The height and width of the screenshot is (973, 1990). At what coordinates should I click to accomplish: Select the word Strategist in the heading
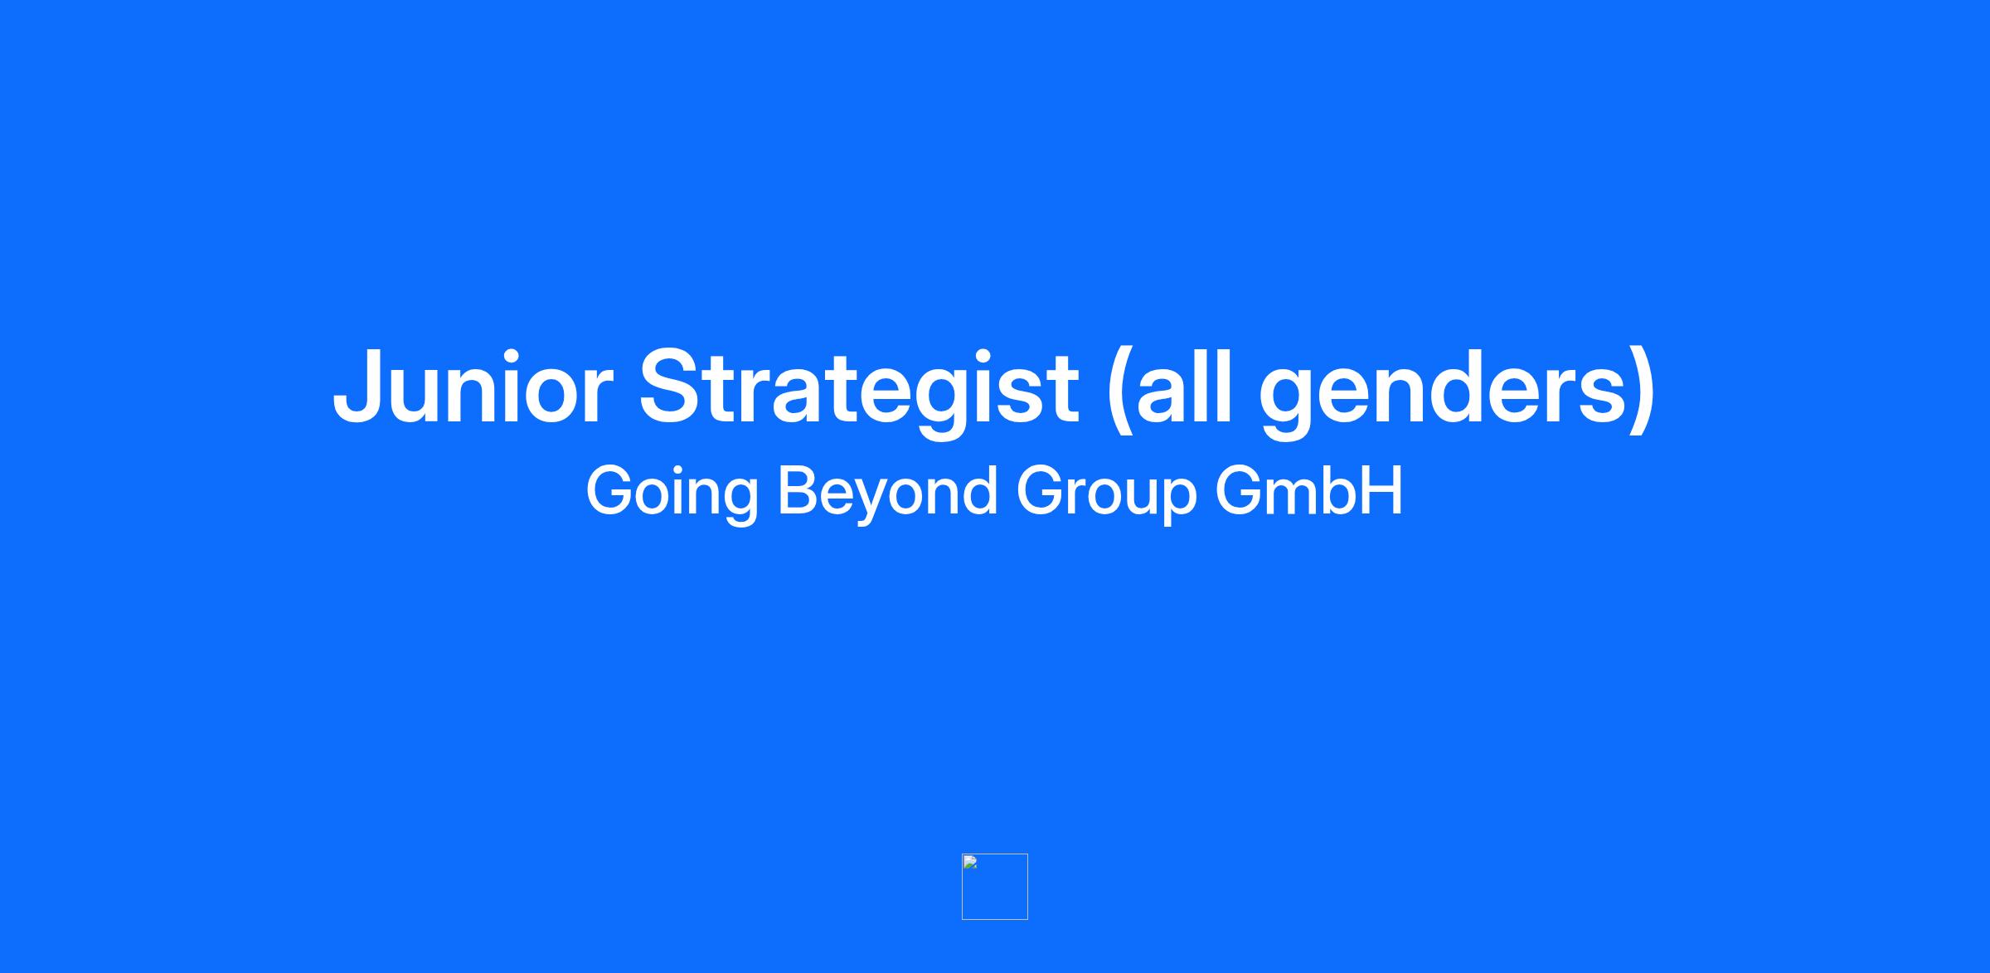coord(859,394)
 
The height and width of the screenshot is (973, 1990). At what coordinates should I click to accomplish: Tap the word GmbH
coord(1308,490)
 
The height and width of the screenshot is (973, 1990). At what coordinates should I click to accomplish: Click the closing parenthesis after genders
coord(1643,389)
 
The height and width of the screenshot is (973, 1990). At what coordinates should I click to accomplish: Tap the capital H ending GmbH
coord(1382,490)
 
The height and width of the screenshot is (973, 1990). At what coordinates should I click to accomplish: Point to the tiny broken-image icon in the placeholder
coord(969,862)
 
